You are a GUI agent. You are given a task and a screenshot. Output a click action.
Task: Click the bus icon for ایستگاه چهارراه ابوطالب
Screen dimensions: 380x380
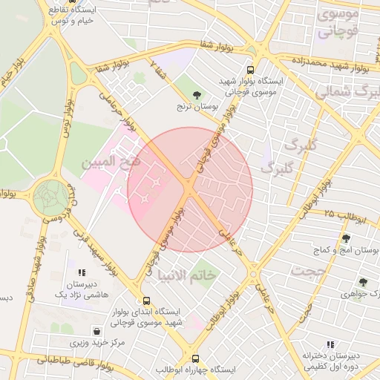pyautogui.click(x=195, y=357)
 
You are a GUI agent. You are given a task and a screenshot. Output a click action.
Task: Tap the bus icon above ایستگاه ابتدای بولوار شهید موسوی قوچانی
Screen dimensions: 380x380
pyautogui.click(x=145, y=301)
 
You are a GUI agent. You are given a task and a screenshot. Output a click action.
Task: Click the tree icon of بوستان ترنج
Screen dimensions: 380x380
pyautogui.click(x=196, y=95)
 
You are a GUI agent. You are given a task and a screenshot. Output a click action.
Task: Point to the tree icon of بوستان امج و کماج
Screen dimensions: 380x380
pyautogui.click(x=346, y=238)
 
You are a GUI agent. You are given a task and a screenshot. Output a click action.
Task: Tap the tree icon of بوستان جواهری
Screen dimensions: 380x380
pyautogui.click(x=362, y=282)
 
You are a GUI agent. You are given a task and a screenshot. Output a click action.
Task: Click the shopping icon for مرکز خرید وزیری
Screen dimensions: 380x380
pyautogui.click(x=96, y=330)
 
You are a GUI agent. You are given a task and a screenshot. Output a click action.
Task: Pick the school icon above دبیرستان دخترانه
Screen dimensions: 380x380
pyautogui.click(x=330, y=344)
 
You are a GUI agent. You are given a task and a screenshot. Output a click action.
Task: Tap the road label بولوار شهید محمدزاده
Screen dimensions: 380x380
pyautogui.click(x=330, y=62)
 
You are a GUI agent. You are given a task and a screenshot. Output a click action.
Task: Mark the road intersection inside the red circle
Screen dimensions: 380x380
pyautogui.click(x=191, y=191)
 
